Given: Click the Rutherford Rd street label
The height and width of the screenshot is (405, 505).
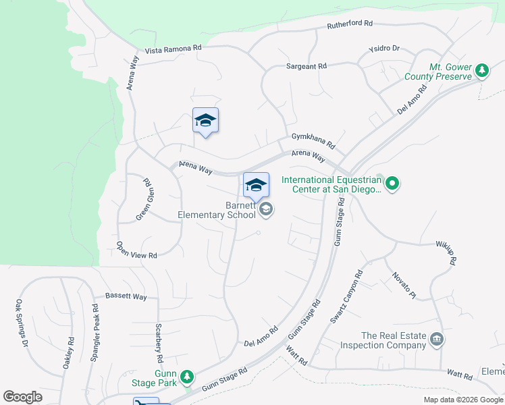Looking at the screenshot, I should (x=350, y=24).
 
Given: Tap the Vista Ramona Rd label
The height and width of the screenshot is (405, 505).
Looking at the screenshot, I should (x=174, y=49).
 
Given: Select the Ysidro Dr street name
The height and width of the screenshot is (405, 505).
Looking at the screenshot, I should (x=384, y=49).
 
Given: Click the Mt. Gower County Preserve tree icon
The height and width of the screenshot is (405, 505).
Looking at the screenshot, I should (x=481, y=70).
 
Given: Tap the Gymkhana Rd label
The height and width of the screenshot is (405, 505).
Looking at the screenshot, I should (x=313, y=140).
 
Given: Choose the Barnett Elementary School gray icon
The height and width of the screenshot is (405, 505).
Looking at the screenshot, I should (x=266, y=210).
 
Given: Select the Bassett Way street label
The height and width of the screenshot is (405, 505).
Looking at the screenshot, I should (x=126, y=296).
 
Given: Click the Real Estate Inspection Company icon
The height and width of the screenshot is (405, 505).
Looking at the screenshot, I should (x=437, y=338).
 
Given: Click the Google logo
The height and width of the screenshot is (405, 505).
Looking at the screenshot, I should (x=22, y=397).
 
